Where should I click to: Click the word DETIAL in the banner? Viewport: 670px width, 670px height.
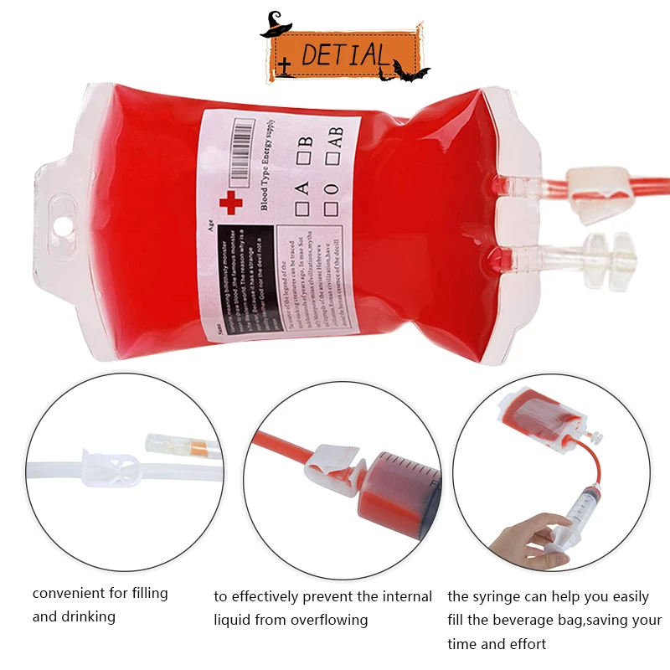tap(344, 55)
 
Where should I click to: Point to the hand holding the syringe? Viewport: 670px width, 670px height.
tap(521, 537)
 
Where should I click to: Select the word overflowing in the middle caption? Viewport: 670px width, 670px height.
tap(329, 621)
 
